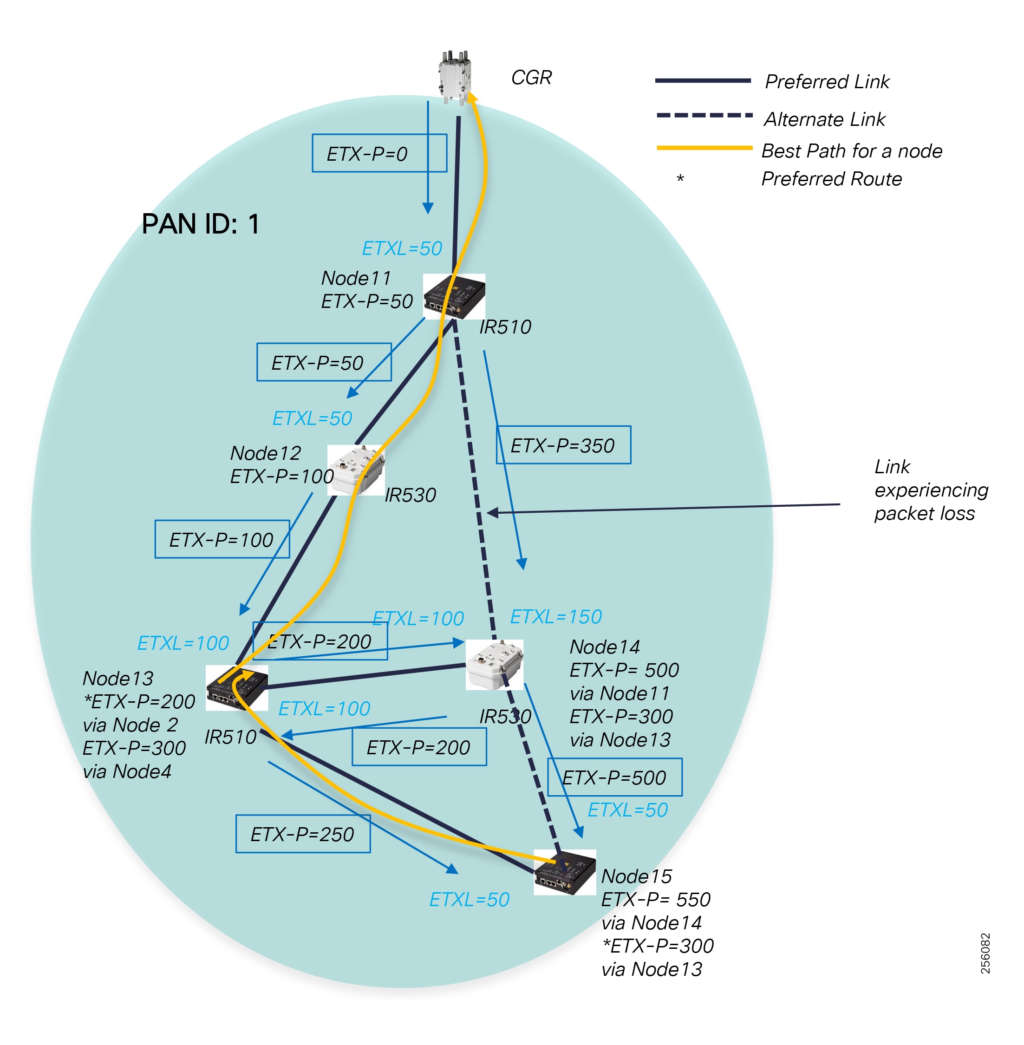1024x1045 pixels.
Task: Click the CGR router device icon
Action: [455, 78]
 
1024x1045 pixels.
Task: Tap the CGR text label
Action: [531, 78]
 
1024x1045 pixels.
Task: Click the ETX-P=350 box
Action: [564, 445]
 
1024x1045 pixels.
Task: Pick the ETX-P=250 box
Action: [303, 834]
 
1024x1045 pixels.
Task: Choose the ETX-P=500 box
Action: [615, 777]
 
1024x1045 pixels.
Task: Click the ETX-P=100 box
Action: [222, 539]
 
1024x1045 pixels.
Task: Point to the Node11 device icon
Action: [455, 296]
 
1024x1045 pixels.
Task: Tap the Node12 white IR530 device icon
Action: [356, 470]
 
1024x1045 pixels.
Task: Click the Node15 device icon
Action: [565, 872]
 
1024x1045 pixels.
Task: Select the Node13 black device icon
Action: [237, 688]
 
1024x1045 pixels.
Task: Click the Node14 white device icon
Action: [495, 664]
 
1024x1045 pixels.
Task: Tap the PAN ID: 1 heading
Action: [201, 224]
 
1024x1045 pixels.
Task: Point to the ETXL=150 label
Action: [556, 616]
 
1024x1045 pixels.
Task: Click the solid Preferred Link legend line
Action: [703, 81]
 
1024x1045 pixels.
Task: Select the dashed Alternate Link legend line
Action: [704, 115]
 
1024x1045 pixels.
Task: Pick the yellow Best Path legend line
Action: [704, 147]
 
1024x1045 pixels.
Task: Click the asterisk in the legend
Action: [680, 178]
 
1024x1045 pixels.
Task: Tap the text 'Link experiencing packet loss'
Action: [932, 490]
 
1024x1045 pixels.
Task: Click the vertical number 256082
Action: [985, 953]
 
